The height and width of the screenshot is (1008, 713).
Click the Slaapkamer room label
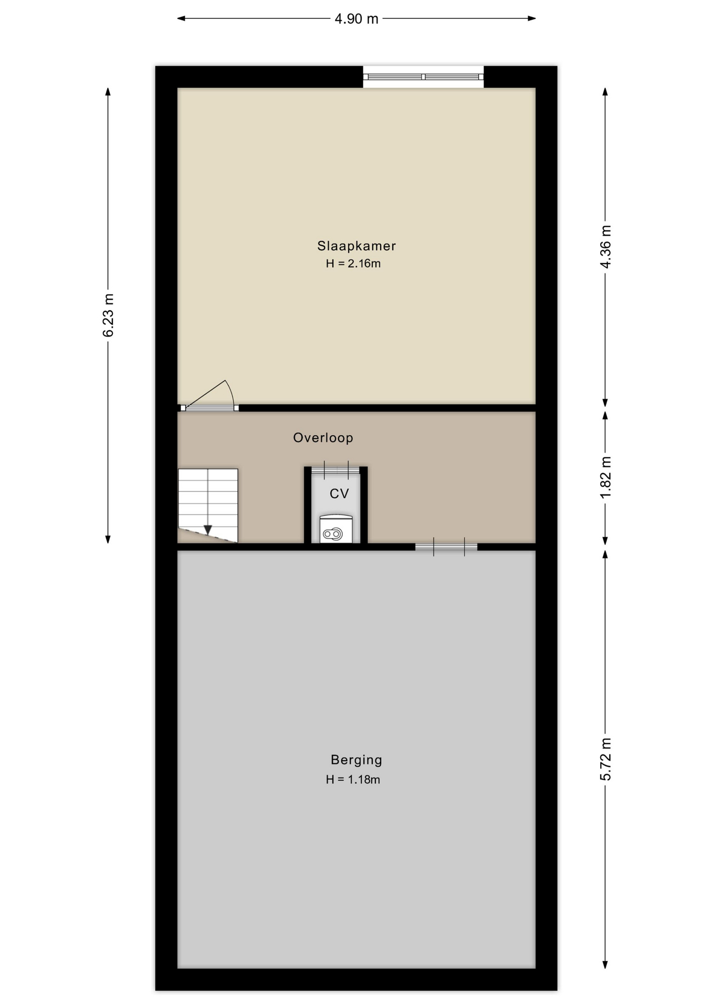356,246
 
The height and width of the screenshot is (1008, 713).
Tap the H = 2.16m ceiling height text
353,264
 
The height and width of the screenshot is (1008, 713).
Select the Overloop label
323,438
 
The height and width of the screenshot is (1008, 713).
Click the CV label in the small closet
339,493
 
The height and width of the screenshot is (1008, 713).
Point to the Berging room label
356,760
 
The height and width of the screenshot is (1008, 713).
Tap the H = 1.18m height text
353,780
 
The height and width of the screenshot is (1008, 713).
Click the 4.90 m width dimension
356,19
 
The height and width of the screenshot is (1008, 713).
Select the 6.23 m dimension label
108,315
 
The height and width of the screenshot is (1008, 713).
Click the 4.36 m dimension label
605,247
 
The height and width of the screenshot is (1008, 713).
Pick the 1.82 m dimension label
605,478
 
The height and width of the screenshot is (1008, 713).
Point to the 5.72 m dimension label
605,759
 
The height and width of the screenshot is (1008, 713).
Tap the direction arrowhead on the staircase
208,530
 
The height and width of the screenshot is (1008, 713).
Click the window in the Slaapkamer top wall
423,77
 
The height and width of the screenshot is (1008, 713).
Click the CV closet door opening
336,470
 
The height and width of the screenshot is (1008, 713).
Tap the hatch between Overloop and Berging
446,547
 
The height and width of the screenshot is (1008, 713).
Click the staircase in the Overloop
208,506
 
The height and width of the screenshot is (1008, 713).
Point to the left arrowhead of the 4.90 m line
181,19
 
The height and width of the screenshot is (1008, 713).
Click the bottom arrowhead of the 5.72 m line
605,964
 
